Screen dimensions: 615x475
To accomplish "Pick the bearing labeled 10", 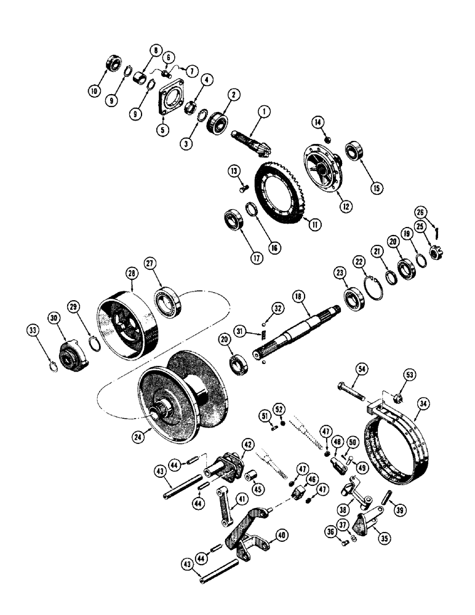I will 114,63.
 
